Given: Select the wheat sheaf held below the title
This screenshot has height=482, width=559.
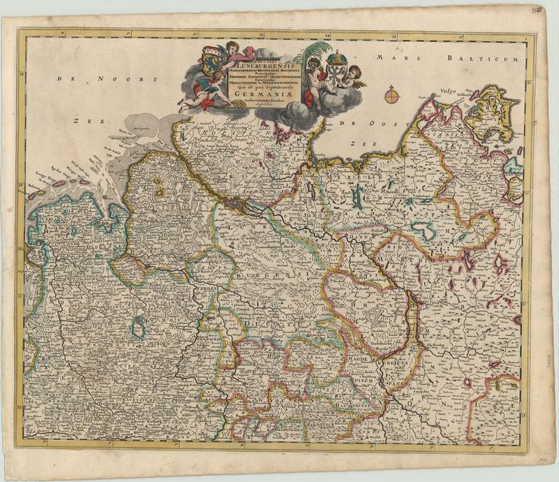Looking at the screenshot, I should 238,105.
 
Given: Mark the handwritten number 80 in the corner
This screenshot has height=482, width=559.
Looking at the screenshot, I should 537,11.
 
